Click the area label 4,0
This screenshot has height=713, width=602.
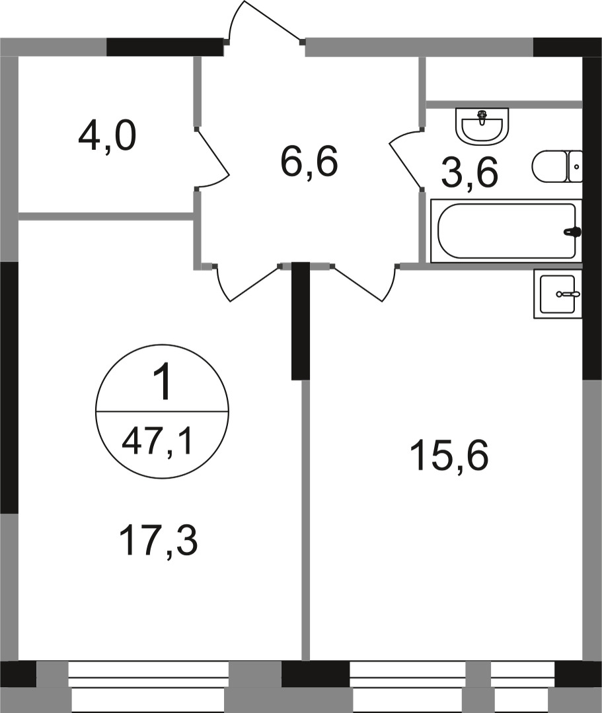[x=107, y=138]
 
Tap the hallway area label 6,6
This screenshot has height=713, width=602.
[x=309, y=162]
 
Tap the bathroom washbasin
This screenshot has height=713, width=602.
[x=483, y=125]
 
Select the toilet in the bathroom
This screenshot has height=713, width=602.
[x=551, y=166]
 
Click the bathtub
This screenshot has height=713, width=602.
[x=506, y=231]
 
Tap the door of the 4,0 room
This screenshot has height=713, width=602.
[x=213, y=158]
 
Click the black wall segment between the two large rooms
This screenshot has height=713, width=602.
[x=301, y=321]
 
